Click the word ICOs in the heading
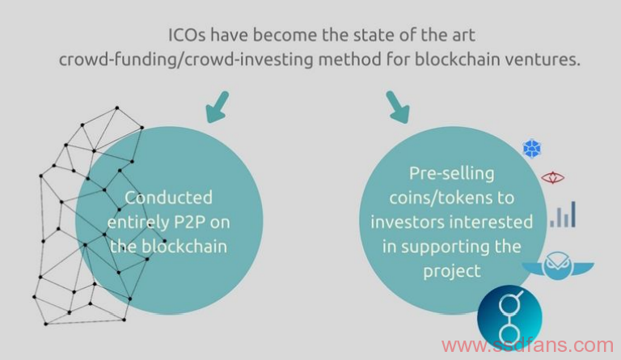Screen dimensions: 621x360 point(187,35)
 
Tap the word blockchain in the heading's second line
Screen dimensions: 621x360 point(455,59)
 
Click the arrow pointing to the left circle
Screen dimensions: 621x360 point(218,107)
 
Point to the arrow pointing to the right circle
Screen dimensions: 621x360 point(397,107)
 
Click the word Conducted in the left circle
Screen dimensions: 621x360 point(169,197)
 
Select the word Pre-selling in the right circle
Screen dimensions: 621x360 point(451,174)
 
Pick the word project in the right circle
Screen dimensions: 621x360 point(452,272)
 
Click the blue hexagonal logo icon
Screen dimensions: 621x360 point(532,149)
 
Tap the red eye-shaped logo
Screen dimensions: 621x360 point(553,178)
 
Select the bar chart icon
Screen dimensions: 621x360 point(563,214)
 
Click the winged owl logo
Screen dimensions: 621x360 point(558,265)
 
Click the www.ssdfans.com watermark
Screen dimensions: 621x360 point(527,345)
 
